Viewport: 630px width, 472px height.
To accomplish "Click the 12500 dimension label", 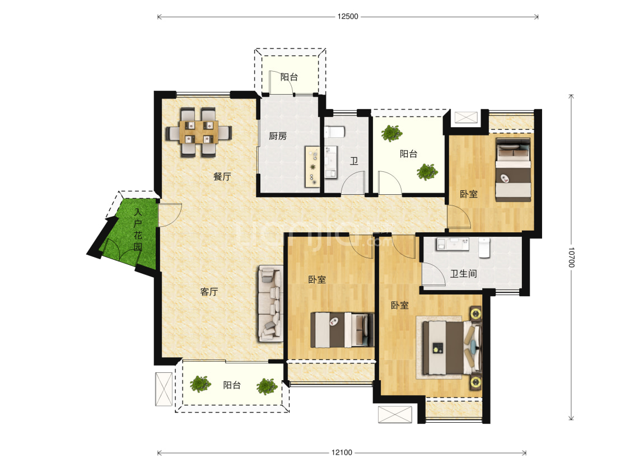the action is click(348, 16).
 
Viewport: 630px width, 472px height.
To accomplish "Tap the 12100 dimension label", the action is click(342, 453).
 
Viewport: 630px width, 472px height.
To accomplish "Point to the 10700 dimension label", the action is click(571, 257).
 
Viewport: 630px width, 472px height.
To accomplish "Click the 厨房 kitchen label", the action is click(278, 136).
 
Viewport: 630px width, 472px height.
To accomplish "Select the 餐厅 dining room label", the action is click(222, 176).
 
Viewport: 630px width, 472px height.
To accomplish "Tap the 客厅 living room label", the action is click(209, 292).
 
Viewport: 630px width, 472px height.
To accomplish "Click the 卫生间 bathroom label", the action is click(463, 274).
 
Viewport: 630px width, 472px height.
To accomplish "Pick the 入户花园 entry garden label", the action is click(138, 230).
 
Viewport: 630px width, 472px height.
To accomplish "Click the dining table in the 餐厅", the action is click(199, 132).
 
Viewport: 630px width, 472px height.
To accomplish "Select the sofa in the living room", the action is click(270, 303).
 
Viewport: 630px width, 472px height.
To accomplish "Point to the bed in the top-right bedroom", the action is click(513, 170).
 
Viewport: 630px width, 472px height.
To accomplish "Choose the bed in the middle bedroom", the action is click(342, 330).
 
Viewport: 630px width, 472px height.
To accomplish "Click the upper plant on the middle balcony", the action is click(392, 133).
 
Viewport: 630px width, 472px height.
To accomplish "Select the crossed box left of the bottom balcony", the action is click(164, 389).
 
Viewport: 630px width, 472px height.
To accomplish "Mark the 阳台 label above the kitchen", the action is click(289, 77).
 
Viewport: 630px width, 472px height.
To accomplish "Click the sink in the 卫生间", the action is click(453, 244).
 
